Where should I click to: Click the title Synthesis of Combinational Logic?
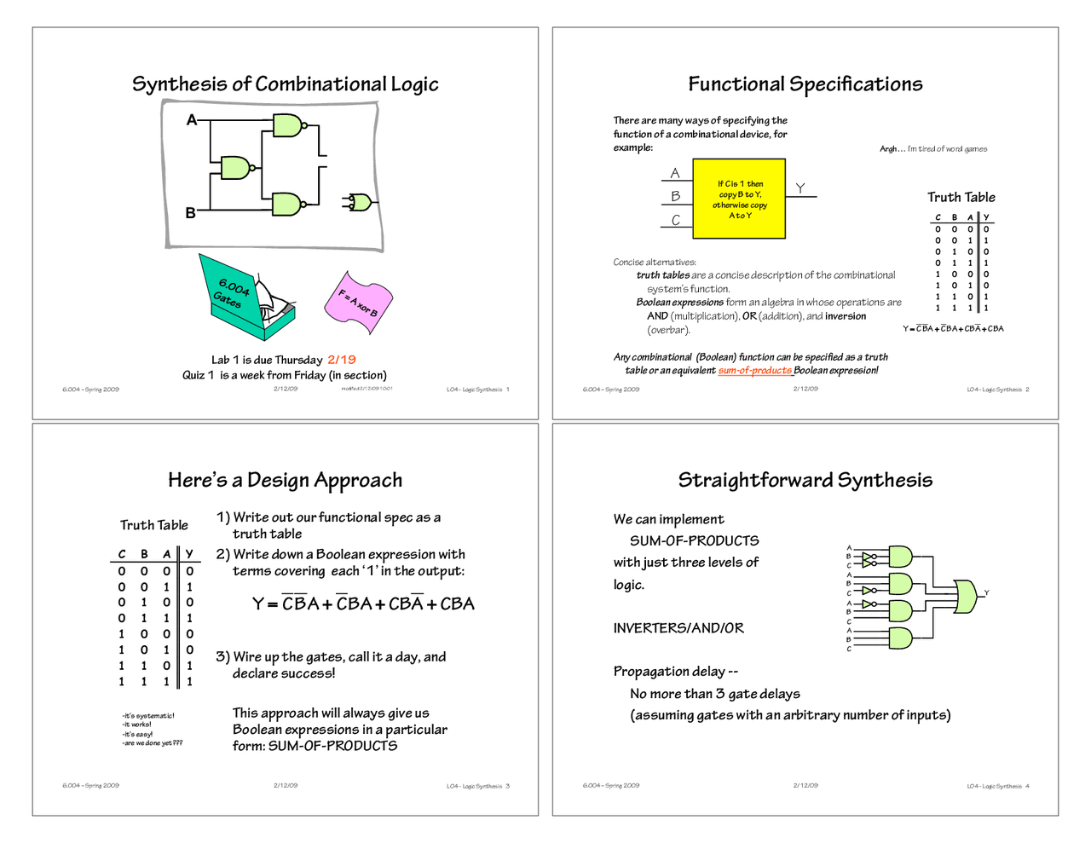click(285, 84)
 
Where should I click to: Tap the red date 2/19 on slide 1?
click(341, 360)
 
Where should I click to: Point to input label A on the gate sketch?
click(192, 120)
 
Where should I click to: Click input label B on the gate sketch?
click(191, 213)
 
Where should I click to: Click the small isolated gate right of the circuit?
click(359, 202)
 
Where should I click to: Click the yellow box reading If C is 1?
click(739, 199)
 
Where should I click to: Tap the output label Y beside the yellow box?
click(799, 188)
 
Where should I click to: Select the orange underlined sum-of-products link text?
click(754, 371)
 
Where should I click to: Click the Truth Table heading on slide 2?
click(961, 197)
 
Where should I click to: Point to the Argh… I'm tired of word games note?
click(933, 149)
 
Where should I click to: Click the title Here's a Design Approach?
click(285, 480)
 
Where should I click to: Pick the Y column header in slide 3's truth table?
click(189, 554)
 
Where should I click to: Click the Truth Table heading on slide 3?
click(153, 525)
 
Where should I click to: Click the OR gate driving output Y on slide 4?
click(966, 596)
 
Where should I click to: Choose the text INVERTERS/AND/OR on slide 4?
click(678, 628)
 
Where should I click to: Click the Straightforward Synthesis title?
click(805, 480)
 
